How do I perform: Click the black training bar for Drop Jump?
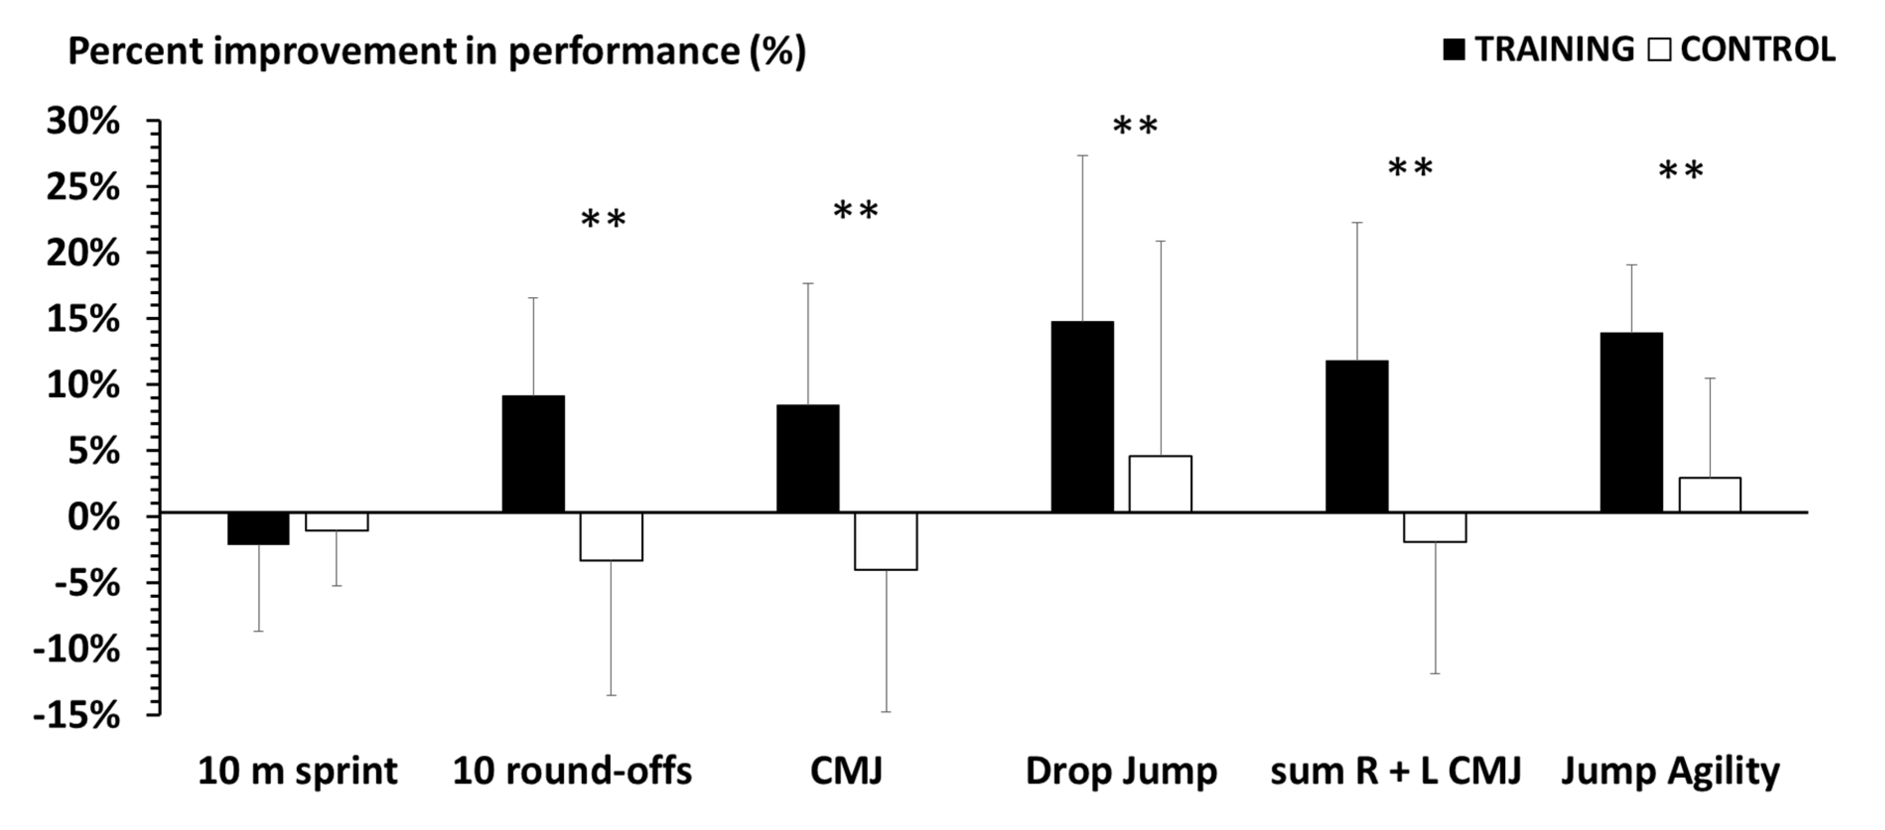(x=1082, y=416)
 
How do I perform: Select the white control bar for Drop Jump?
(x=1160, y=484)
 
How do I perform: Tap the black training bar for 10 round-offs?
(x=534, y=453)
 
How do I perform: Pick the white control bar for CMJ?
(x=885, y=541)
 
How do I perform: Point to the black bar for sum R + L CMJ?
(x=1356, y=436)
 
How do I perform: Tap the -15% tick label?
(x=76, y=715)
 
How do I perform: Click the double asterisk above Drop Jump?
(x=1135, y=127)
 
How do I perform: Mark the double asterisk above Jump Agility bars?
(x=1681, y=172)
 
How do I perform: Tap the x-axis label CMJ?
(x=846, y=771)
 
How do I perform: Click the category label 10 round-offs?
(x=572, y=771)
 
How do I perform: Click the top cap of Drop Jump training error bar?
(x=1082, y=156)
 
